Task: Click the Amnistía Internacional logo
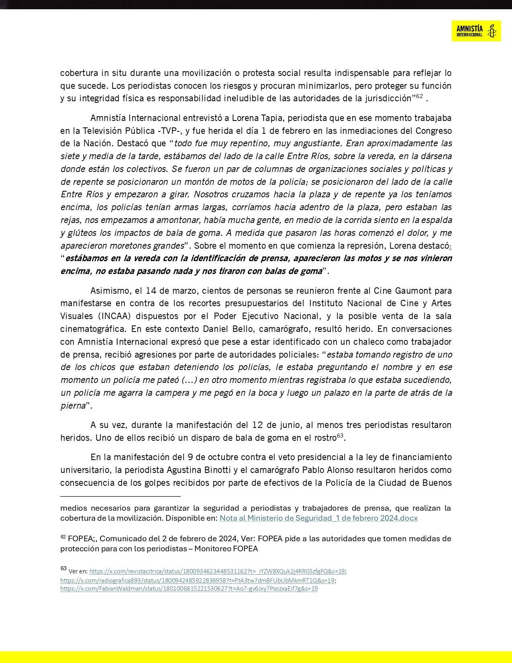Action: pyautogui.click(x=476, y=31)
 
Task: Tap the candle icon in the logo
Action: pyautogui.click(x=491, y=31)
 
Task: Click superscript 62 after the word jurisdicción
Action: pyautogui.click(x=419, y=96)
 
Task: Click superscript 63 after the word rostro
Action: pyautogui.click(x=340, y=436)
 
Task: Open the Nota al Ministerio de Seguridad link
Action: pyautogui.click(x=318, y=518)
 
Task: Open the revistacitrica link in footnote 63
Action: pyautogui.click(x=217, y=571)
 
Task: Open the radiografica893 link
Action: pyautogui.click(x=197, y=581)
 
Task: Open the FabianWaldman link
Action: pyautogui.click(x=189, y=589)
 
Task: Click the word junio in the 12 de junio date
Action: pyautogui.click(x=290, y=425)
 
